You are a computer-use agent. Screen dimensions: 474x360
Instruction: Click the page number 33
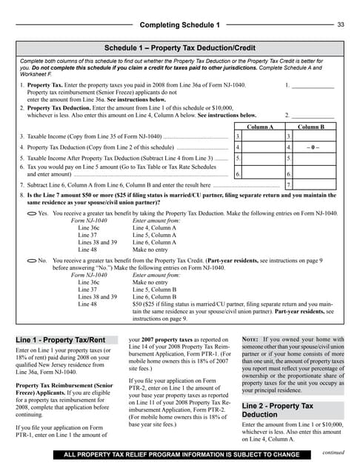pyautogui.click(x=341, y=25)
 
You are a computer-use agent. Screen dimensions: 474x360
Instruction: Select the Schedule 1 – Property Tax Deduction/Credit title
pyautogui.click(x=180, y=48)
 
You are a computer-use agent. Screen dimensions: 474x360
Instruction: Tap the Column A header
pyautogui.click(x=259, y=127)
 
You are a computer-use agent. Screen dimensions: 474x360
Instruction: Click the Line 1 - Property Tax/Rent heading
pyautogui.click(x=56, y=340)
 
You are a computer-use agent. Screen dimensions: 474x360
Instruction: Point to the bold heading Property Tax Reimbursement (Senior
pyautogui.click(x=62, y=386)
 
